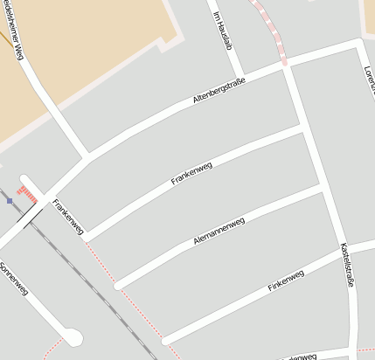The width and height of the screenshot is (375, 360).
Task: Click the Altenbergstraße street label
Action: point(219,91)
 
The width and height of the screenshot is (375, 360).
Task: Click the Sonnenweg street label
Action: point(15,278)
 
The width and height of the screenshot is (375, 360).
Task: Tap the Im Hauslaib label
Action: point(223,31)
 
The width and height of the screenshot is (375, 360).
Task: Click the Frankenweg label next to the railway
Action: point(67,217)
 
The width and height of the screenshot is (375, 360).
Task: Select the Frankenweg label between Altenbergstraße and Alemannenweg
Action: point(192,171)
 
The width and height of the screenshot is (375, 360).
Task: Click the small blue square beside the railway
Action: point(10,200)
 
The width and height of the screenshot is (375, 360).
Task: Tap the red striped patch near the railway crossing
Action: point(28,192)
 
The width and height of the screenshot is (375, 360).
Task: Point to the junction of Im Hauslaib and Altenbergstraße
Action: point(239,73)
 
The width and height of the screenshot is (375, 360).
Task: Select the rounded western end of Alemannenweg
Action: point(118,285)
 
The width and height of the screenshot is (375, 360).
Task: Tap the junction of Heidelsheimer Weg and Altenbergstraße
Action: point(87,158)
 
